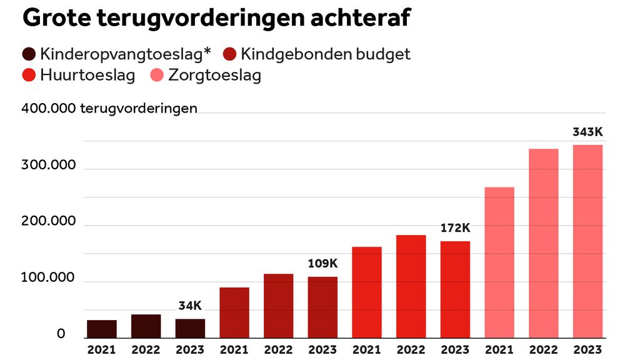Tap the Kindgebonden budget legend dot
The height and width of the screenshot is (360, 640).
click(230, 54)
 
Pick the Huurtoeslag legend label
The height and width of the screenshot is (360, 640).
click(87, 76)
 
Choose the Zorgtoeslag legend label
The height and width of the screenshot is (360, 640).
click(214, 76)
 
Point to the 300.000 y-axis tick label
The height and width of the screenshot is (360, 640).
click(49, 165)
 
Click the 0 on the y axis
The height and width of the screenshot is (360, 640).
click(61, 334)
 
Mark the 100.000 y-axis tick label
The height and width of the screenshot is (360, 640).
click(49, 277)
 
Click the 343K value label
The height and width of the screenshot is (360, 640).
click(587, 132)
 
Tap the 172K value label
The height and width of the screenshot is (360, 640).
click(454, 228)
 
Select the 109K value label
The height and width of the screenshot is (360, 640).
click(322, 264)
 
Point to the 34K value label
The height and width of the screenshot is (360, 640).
click(190, 306)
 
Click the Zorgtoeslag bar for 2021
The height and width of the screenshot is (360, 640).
click(499, 262)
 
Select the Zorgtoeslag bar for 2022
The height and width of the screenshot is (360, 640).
click(543, 243)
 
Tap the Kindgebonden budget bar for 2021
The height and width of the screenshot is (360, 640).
click(234, 312)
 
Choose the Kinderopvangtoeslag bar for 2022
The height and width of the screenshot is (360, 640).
click(146, 326)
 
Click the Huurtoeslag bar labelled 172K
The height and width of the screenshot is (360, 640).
click(454, 289)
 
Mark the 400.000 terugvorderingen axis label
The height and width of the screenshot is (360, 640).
click(110, 108)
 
